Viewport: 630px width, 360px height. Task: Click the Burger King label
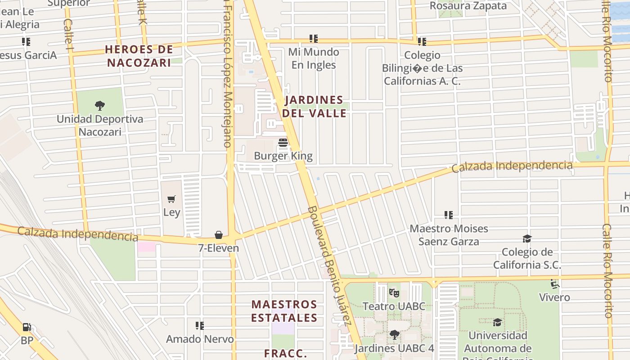point(283,156)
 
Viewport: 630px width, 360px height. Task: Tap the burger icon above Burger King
point(283,143)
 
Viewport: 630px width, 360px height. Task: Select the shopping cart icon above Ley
point(171,199)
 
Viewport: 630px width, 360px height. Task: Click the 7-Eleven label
point(219,248)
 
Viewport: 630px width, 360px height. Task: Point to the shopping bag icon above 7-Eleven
point(219,235)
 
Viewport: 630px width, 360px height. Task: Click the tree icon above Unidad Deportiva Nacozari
point(100,106)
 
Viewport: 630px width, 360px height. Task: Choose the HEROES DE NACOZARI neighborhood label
point(139,56)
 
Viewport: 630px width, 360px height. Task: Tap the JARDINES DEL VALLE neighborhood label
point(314,106)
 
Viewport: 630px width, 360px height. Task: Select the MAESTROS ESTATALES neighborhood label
point(284,311)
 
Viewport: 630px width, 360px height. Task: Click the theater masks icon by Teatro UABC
point(394,293)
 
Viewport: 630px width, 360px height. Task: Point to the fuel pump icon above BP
point(27,327)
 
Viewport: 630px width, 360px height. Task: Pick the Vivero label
point(554,297)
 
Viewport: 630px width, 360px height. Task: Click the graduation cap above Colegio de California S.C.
point(527,238)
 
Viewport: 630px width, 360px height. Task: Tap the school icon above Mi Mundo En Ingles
point(314,39)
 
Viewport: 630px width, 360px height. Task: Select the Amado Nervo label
point(200,339)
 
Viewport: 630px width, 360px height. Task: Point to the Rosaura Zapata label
point(468,6)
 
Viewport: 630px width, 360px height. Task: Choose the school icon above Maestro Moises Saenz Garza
point(448,215)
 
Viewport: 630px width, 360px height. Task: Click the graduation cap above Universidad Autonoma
point(497,322)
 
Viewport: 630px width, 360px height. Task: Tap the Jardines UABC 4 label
point(394,348)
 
